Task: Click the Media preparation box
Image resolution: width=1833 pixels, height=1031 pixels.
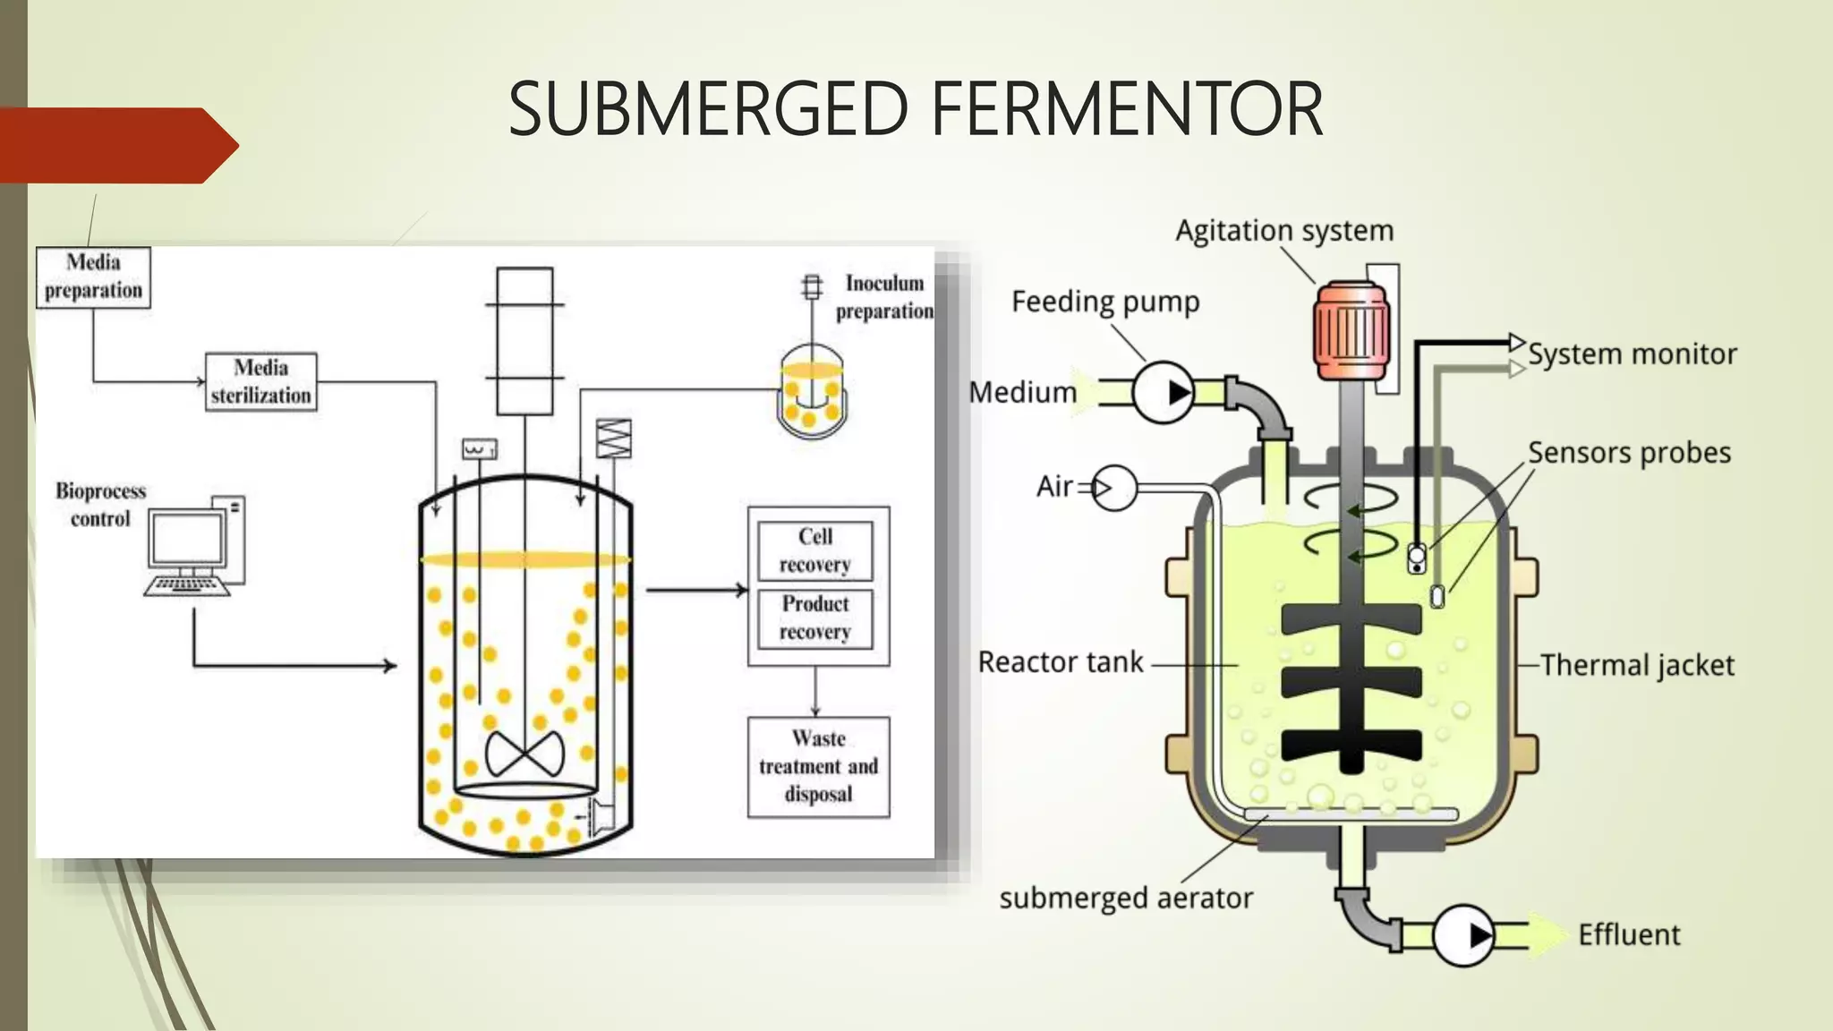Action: [x=93, y=277]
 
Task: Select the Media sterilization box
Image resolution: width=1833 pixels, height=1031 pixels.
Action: [x=260, y=382]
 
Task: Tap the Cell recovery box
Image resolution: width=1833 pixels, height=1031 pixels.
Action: [x=814, y=550]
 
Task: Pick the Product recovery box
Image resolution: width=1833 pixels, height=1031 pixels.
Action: [x=814, y=618]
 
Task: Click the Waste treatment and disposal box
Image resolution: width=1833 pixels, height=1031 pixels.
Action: [x=818, y=767]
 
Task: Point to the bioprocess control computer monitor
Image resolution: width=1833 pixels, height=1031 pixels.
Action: [x=187, y=539]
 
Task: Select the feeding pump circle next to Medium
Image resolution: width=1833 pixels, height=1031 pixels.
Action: [x=1164, y=393]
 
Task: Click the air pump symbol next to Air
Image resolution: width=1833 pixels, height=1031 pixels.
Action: [x=1114, y=489]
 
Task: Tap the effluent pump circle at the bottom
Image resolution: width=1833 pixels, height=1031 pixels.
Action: [x=1463, y=935]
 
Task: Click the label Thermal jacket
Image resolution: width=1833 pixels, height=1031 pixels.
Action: [x=1637, y=666]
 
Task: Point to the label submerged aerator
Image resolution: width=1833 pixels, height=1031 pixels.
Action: [x=1126, y=898]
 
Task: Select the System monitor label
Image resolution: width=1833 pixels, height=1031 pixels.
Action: [x=1632, y=354]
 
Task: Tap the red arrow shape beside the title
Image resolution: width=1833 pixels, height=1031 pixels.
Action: [x=116, y=145]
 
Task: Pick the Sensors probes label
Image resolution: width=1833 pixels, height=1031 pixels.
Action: [x=1629, y=453]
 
